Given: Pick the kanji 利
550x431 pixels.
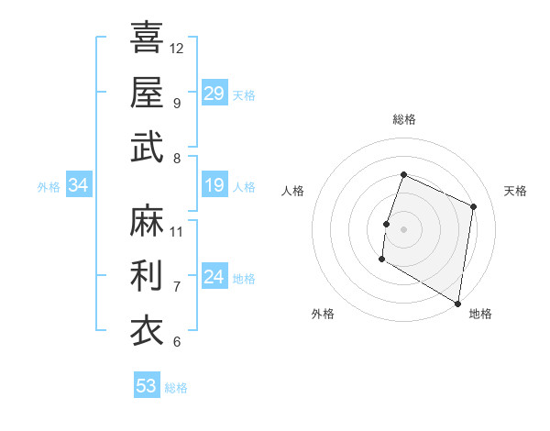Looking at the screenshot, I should point(147,275).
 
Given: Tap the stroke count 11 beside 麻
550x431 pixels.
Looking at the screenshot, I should point(177,231).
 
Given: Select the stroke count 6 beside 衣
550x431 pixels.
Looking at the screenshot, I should point(177,342).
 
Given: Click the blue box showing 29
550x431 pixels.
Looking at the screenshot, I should point(214,94).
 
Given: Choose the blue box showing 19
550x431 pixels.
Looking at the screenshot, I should point(214,186).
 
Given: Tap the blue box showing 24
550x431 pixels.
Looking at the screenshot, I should point(214,277).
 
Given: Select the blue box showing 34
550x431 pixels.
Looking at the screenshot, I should point(78,186).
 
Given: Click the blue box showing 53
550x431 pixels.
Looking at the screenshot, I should point(147,386).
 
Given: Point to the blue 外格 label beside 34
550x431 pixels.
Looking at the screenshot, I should point(49,187).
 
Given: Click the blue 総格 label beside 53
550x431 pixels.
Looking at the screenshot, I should point(176,387).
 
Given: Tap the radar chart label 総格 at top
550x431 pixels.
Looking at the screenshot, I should point(403,119).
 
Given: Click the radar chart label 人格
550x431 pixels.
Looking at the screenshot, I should point(293,191).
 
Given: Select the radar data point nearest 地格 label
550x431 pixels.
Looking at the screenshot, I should point(457,303).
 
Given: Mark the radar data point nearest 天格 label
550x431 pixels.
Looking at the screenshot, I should point(474,206).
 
